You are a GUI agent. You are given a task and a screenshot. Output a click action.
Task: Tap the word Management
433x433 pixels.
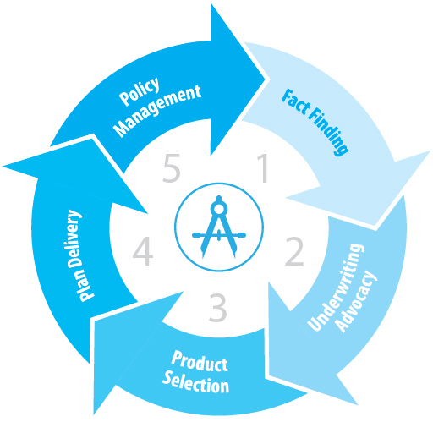(x=156, y=111)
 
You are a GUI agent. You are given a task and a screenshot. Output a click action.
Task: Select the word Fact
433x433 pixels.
(x=296, y=103)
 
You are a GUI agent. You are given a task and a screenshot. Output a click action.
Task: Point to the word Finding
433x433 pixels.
(x=329, y=132)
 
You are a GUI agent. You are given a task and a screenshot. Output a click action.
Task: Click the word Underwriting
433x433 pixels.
(x=336, y=287)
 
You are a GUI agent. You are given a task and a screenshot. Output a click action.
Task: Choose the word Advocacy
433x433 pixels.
(x=357, y=302)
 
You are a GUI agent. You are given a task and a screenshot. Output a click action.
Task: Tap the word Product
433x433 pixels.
(x=200, y=362)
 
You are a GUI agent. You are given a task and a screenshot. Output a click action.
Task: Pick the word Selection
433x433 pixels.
(x=195, y=383)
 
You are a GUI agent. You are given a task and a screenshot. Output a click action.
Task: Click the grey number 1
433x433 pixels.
(x=263, y=168)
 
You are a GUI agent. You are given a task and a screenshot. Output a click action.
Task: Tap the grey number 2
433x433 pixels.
(x=294, y=251)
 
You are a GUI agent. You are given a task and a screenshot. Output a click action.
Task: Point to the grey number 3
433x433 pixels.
(x=217, y=307)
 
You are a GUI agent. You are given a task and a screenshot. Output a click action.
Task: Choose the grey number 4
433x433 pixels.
(x=143, y=251)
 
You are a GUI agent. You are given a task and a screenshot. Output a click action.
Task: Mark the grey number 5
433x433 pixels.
(x=172, y=168)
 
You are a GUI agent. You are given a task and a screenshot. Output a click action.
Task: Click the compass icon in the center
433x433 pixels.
(x=219, y=227)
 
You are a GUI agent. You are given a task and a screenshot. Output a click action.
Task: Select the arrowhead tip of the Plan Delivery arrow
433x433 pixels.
(x=3, y=167)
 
